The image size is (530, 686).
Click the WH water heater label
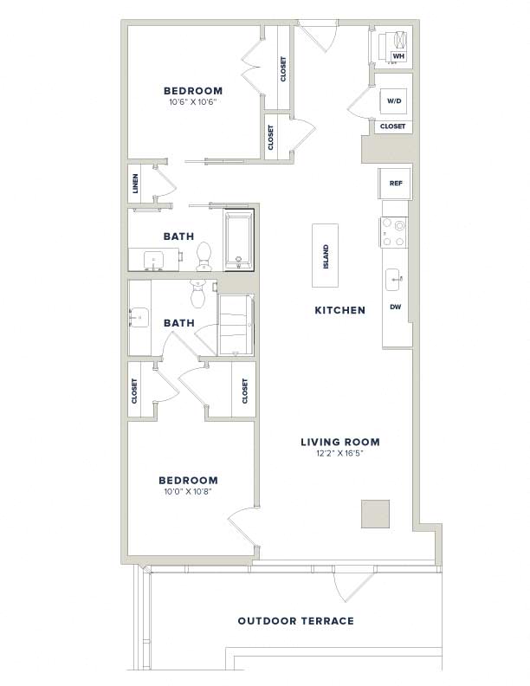398,56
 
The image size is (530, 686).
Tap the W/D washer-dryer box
394,101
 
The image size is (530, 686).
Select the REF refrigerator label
396,184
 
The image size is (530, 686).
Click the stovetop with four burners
394,232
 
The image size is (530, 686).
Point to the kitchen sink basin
392,279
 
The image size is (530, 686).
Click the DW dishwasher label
395,307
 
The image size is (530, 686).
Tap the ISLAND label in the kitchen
326,256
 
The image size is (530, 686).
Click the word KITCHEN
339,310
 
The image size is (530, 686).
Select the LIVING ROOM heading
339,442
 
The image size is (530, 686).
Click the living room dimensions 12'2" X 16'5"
340,454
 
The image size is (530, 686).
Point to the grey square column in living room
375,514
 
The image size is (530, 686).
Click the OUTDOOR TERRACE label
295,621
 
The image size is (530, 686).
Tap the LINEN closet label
135,184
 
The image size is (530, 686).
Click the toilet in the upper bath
204,256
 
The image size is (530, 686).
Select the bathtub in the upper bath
239,241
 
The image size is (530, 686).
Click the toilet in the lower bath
198,293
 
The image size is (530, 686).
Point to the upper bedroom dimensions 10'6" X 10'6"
193,102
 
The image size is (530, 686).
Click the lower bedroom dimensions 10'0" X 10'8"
188,491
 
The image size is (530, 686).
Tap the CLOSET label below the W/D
392,126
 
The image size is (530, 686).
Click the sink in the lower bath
139,317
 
